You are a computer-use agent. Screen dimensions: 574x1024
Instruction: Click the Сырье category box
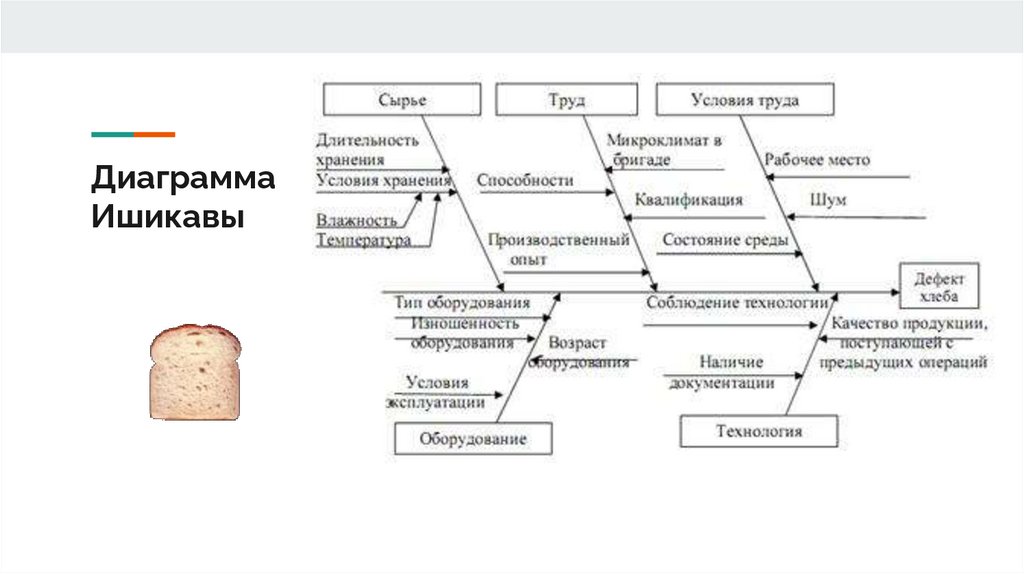coord(402,100)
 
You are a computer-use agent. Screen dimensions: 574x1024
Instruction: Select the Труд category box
coord(566,100)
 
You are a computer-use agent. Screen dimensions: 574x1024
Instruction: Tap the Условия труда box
coord(745,100)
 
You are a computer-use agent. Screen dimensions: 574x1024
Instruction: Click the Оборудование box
coord(473,438)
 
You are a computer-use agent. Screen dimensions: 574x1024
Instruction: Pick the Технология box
coord(759,432)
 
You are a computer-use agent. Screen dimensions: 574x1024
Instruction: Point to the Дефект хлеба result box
coord(940,286)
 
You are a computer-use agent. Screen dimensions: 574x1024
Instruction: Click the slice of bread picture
coord(195,372)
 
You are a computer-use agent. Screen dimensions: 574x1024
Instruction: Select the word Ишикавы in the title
coord(168,217)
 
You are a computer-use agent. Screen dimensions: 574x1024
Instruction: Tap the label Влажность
coord(357,220)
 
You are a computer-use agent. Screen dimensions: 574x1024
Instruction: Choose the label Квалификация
coord(689,200)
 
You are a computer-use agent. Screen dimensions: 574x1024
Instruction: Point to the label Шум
coord(830,200)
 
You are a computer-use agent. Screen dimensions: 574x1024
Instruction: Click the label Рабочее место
coord(817,160)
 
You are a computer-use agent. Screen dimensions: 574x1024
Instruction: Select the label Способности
coord(525,181)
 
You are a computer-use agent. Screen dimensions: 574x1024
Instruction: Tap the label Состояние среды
coord(725,241)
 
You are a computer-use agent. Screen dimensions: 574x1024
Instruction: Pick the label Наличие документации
coord(721,372)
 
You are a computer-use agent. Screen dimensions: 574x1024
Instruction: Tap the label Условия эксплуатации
coord(436,392)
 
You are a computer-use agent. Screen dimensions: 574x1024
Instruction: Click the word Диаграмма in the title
coord(183,181)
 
